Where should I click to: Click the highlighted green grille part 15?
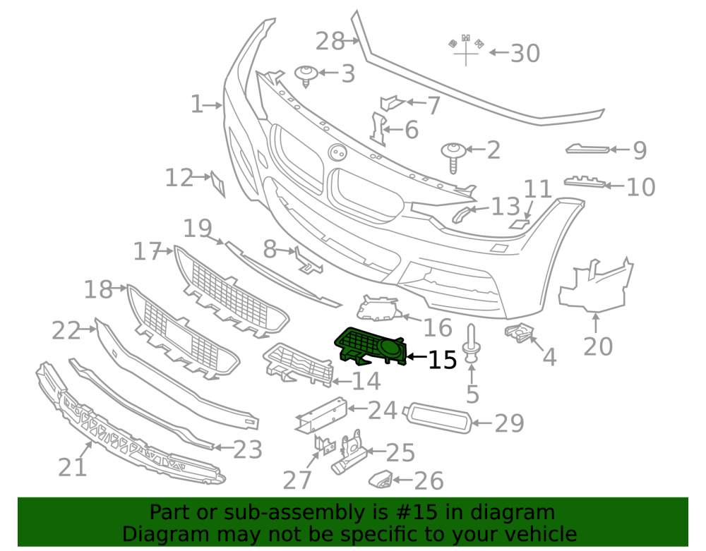click(x=370, y=346)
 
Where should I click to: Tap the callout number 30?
click(x=525, y=53)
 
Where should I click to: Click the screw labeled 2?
click(x=453, y=157)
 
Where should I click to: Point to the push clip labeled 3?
click(x=306, y=75)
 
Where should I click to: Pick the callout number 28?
click(x=330, y=41)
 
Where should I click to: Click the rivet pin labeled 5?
click(x=471, y=343)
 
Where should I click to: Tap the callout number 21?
click(x=73, y=467)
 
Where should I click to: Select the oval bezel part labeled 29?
click(x=438, y=418)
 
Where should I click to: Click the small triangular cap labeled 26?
click(x=381, y=480)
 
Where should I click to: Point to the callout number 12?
click(x=179, y=178)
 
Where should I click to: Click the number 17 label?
click(x=148, y=251)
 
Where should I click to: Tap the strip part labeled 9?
click(x=587, y=148)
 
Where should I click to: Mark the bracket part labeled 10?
click(x=585, y=181)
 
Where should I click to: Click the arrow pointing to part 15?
click(x=417, y=357)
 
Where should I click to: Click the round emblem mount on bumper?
click(x=337, y=153)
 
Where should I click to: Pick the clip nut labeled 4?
click(x=519, y=332)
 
